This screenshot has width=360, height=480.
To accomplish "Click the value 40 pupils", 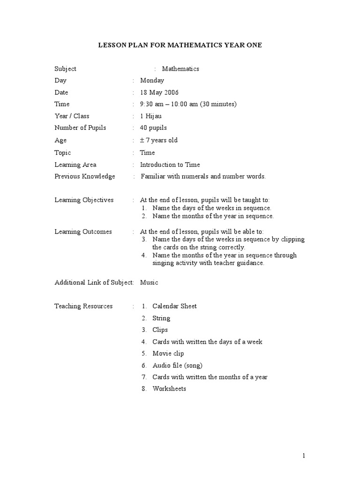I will tap(153, 127).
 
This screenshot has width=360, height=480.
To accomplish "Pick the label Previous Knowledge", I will tap(84, 176).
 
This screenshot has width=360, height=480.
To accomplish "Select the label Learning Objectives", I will tap(84, 200).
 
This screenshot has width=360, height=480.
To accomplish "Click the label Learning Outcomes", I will tap(83, 232).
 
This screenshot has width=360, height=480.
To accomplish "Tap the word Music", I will tap(149, 282).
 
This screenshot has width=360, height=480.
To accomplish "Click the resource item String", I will tap(161, 318).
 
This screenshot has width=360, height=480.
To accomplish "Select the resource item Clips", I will tap(160, 330).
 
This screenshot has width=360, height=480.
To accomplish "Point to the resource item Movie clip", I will tap(168, 353).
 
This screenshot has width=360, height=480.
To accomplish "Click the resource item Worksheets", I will tap(169, 389).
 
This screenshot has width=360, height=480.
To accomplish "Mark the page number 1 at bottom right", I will tap(304, 456).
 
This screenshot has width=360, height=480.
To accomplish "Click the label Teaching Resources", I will tap(83, 306).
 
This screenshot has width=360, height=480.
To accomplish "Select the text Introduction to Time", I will tap(170, 165).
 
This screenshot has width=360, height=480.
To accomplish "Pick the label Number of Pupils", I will tap(80, 127).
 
